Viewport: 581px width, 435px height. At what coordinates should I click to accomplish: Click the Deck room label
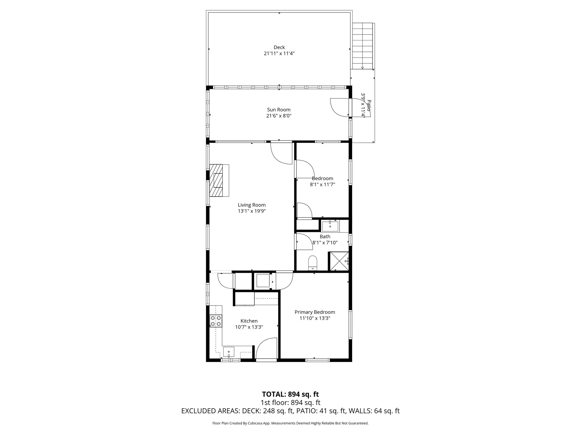point(279,47)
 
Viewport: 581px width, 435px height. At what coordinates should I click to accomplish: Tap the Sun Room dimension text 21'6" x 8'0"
point(279,116)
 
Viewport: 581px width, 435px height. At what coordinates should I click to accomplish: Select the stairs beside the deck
point(362,46)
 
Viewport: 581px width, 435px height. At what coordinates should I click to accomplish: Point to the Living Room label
point(252,205)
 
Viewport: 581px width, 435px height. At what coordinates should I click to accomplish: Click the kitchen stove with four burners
point(216,321)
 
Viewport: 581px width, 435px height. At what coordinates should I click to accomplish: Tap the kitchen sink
point(229,352)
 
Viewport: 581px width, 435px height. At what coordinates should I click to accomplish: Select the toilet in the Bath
point(312,263)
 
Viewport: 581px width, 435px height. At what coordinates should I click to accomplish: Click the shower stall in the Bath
point(338,261)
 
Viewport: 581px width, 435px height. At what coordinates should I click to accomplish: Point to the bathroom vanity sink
point(330,226)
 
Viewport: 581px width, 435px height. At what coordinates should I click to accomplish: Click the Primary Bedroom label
point(315,312)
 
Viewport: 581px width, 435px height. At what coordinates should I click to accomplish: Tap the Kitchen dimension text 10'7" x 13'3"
point(249,327)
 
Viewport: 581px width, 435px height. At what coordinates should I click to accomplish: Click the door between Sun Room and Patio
point(340,107)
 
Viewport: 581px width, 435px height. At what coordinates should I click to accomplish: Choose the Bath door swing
point(304,242)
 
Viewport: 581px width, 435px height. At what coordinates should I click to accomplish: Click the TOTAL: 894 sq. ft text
point(290,394)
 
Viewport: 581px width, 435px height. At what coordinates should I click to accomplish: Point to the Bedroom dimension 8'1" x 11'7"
point(322,184)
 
